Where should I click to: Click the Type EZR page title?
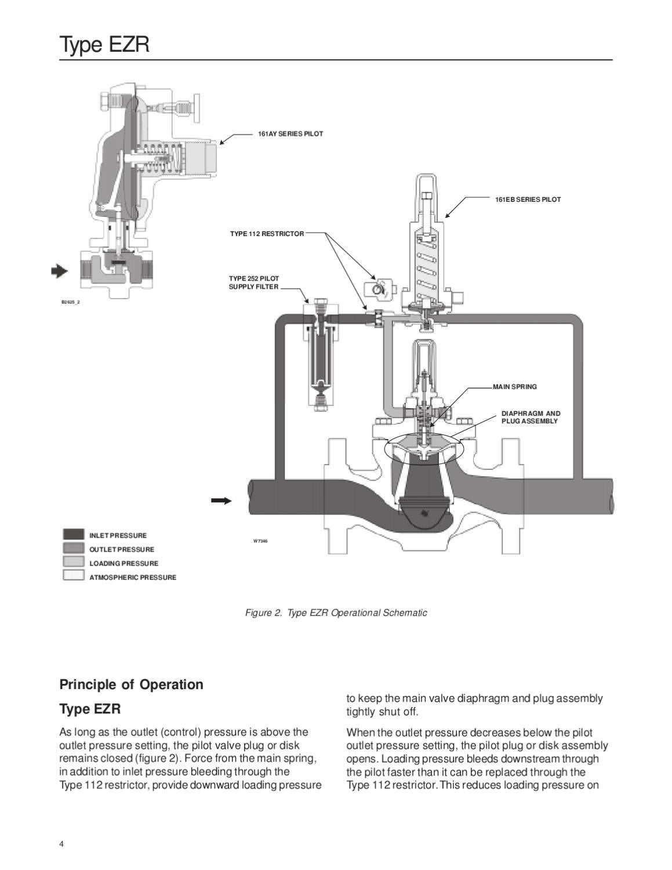(x=104, y=45)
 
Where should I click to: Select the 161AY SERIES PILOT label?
(x=290, y=134)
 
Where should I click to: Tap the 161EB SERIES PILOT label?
(x=528, y=200)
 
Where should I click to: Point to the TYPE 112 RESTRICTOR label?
(x=267, y=234)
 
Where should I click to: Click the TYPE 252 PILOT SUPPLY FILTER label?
(x=254, y=282)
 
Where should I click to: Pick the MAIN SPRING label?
(x=515, y=387)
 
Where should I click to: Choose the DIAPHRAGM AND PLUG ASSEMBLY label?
(x=531, y=417)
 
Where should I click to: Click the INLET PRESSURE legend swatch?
(x=74, y=534)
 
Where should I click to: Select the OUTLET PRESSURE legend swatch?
(x=74, y=548)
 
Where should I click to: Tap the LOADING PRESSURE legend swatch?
(x=74, y=561)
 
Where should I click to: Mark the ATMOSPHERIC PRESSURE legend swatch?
(x=74, y=575)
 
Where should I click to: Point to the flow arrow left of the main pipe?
(x=221, y=501)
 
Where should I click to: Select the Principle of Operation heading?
(x=131, y=684)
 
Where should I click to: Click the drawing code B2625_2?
(x=70, y=302)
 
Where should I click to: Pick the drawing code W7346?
(x=260, y=541)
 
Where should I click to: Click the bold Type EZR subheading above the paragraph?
(x=90, y=709)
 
